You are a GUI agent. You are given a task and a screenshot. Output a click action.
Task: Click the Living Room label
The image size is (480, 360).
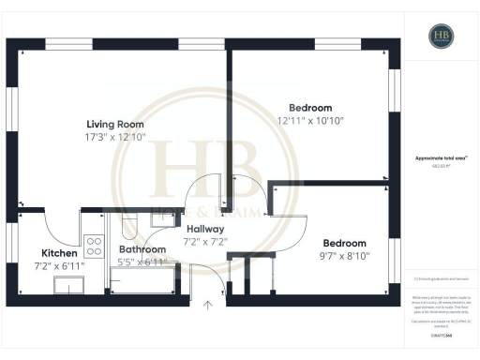point(115,124)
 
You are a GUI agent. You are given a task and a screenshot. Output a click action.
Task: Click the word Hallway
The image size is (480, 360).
point(204,229)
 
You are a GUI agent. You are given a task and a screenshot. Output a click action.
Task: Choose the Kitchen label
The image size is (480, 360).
point(58,253)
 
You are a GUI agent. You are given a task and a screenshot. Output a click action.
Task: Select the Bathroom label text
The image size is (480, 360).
point(142,249)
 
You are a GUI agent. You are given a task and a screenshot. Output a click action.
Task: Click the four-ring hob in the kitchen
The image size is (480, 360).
point(94,247)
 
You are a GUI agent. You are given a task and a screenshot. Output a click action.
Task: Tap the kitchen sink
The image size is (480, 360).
point(67,288)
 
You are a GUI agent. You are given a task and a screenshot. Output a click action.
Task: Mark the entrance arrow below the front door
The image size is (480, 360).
point(208,303)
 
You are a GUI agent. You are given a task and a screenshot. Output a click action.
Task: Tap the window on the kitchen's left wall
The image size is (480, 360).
point(12,252)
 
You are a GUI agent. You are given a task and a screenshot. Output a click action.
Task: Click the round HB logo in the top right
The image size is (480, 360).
point(442,37)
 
